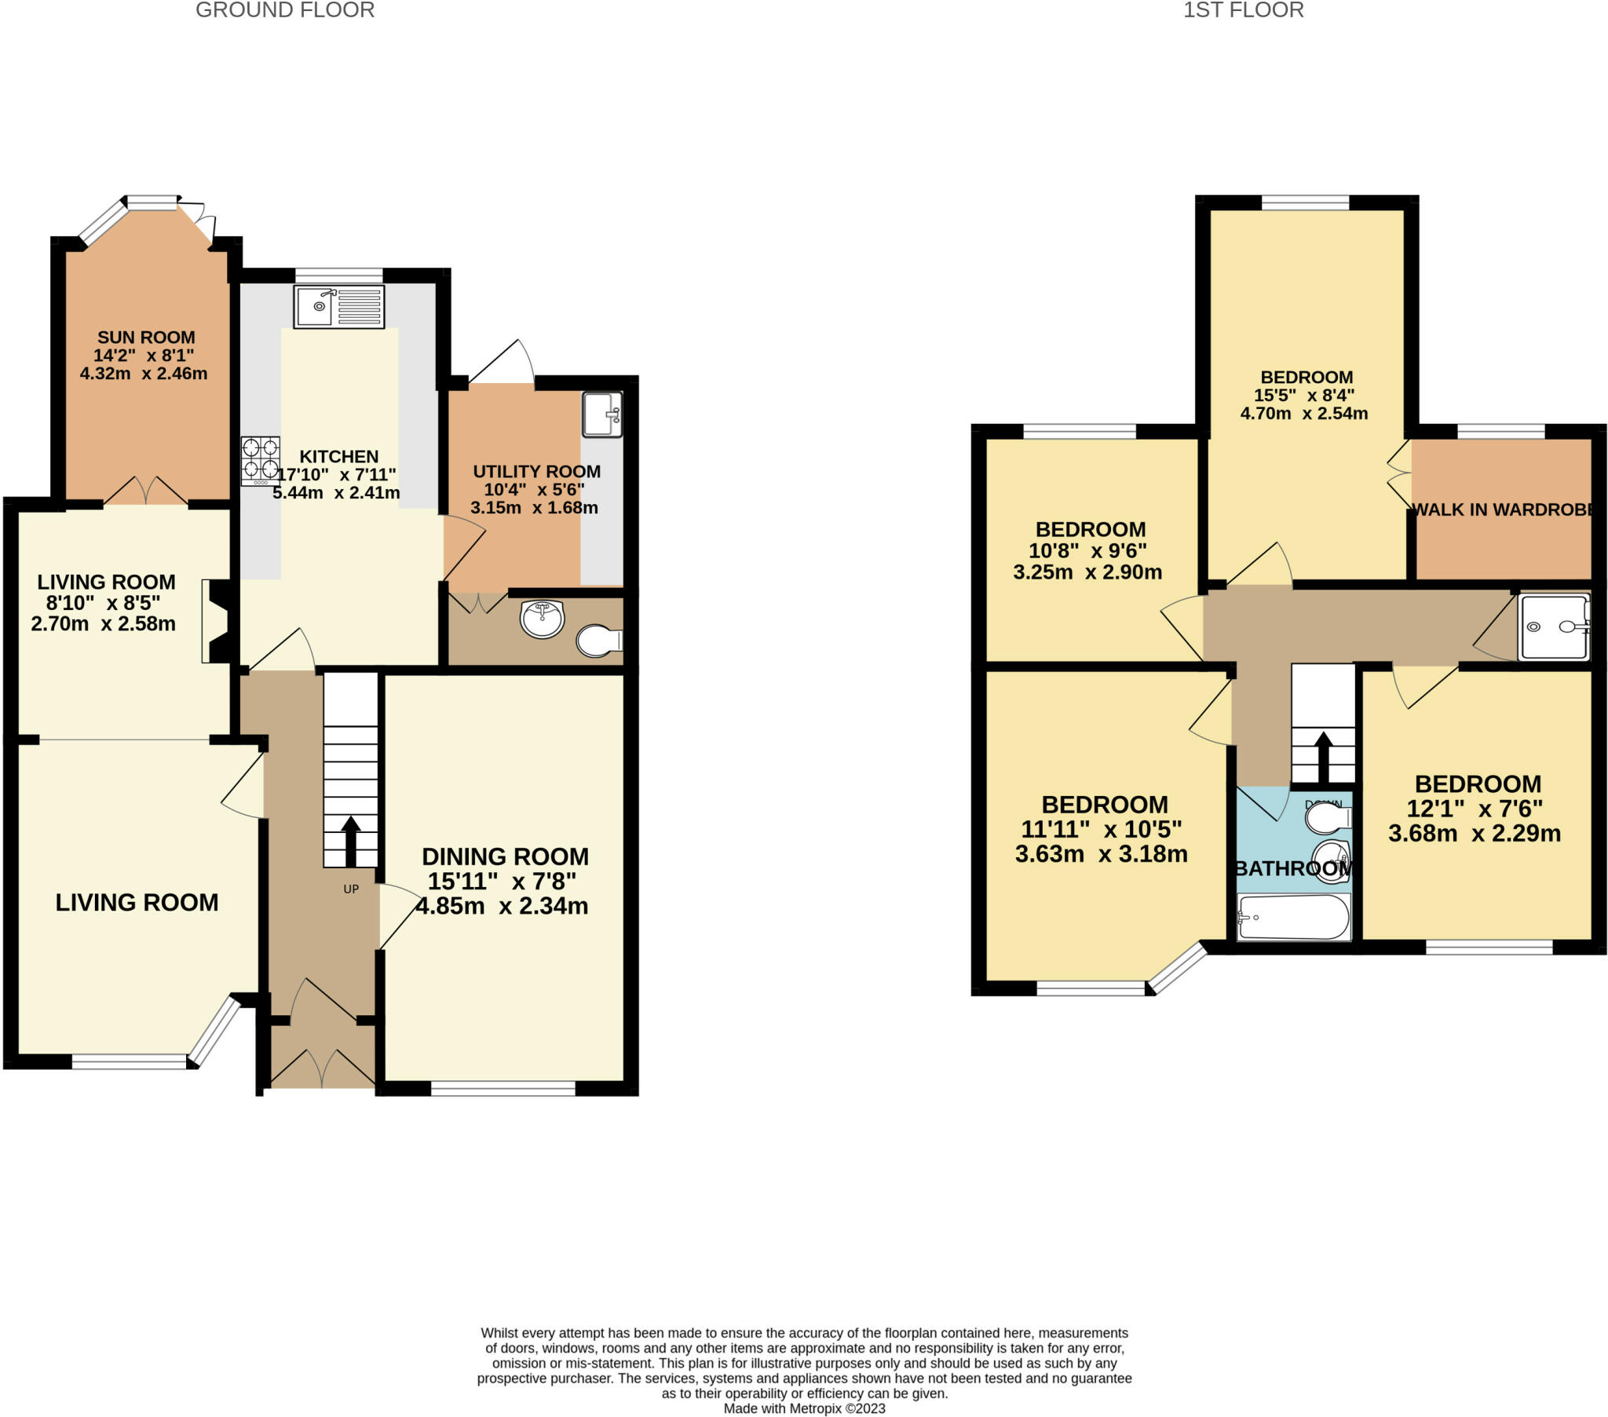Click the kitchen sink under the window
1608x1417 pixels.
coord(339,307)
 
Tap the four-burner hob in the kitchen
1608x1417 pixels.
coord(261,460)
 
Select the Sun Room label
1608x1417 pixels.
coord(146,338)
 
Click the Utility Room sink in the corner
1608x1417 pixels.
coord(601,414)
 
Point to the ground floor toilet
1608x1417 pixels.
coord(599,641)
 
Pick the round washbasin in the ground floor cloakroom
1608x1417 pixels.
coord(542,619)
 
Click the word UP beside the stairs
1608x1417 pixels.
coord(351,889)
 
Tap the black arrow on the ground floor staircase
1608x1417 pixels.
coord(351,841)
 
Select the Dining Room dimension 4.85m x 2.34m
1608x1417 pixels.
coord(502,907)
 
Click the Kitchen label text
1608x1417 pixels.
coord(339,456)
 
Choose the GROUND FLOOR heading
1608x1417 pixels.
coord(285,10)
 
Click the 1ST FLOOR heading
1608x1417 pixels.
coord(1244,10)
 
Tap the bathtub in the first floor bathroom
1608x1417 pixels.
coord(1294,917)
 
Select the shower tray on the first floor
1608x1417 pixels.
coord(1555,627)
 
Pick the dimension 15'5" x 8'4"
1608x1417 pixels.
coord(1304,395)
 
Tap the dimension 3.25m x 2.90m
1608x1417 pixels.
coord(1087,572)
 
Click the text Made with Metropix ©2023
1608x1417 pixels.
coord(804,1408)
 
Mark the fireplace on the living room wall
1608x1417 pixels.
coord(218,621)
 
